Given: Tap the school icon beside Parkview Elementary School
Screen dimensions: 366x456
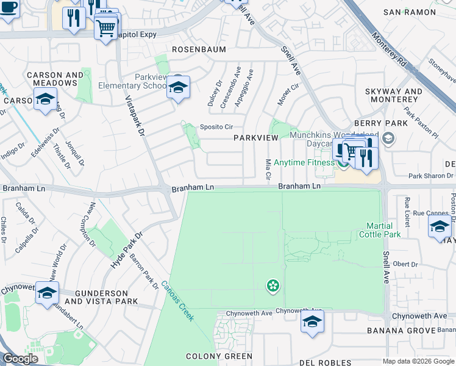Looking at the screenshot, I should click(x=178, y=88).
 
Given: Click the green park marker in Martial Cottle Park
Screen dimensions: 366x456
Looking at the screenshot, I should click(x=273, y=285).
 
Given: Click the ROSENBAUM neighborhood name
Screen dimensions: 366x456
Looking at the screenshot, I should click(x=199, y=49).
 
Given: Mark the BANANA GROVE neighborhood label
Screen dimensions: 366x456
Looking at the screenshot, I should click(x=402, y=331).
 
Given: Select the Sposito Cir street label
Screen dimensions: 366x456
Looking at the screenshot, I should click(x=217, y=127).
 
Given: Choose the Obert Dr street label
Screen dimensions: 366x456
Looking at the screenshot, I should click(x=405, y=264).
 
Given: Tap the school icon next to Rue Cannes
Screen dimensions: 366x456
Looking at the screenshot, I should click(x=440, y=228).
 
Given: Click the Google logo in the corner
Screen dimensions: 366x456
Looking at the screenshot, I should click(x=20, y=358).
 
